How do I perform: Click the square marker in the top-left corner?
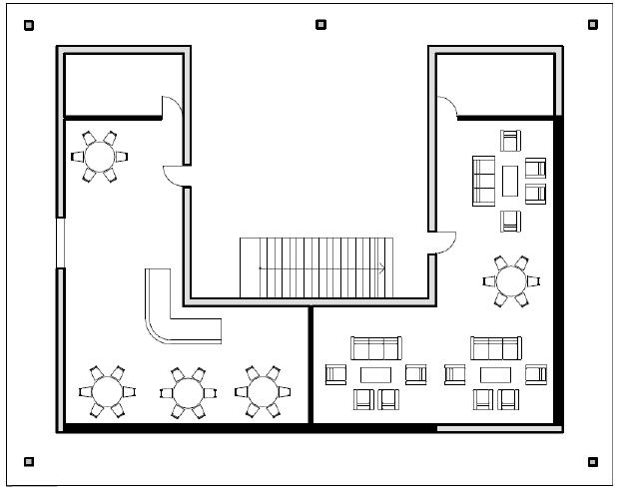pyautogui.click(x=28, y=25)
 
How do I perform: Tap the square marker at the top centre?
pyautogui.click(x=320, y=24)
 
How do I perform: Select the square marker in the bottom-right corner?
pyautogui.click(x=592, y=461)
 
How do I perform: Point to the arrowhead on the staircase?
pyautogui.click(x=382, y=267)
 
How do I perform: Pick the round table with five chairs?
pyautogui.click(x=100, y=156)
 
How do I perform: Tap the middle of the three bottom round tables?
pyautogui.click(x=187, y=390)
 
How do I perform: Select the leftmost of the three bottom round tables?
pyautogui.click(x=107, y=390)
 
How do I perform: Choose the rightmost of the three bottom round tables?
pyautogui.click(x=263, y=390)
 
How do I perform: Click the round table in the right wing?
pyautogui.click(x=511, y=280)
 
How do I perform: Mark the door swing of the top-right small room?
pyautogui.click(x=446, y=104)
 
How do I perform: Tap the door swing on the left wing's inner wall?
pyautogui.click(x=175, y=176)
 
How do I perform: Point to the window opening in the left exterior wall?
pyautogui.click(x=60, y=243)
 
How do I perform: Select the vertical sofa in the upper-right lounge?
pyautogui.click(x=484, y=180)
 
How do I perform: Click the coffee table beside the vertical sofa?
pyautogui.click(x=510, y=180)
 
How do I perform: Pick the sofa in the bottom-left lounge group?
pyautogui.click(x=375, y=347)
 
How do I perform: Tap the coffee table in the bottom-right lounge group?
pyautogui.click(x=496, y=374)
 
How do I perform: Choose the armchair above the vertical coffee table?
pyautogui.click(x=511, y=140)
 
